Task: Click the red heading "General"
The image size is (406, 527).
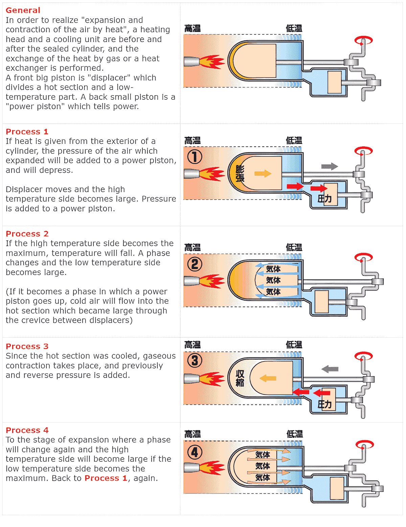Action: [x=23, y=10]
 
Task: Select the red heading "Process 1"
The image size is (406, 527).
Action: [x=27, y=131]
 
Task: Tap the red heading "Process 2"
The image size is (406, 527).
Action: [x=27, y=234]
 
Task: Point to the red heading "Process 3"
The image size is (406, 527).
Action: [x=27, y=346]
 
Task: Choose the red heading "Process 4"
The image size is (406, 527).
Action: [x=27, y=430]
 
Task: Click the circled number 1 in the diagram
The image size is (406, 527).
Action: [x=195, y=157]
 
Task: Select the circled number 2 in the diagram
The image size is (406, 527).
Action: [x=195, y=264]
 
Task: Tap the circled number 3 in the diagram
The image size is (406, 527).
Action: [x=195, y=361]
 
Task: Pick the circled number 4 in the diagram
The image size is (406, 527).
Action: [x=195, y=452]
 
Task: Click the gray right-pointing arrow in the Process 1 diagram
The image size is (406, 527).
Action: [x=330, y=166]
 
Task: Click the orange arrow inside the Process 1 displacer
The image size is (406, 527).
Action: [x=263, y=174]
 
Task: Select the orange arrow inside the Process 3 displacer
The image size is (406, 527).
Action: [x=268, y=378]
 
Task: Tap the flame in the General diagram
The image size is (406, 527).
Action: [x=211, y=62]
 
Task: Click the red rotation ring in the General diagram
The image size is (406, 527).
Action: [x=363, y=41]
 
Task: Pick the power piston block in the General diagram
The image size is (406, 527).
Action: [x=335, y=82]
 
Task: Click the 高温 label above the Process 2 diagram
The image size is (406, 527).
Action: [x=193, y=248]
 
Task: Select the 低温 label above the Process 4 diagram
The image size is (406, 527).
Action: [x=294, y=434]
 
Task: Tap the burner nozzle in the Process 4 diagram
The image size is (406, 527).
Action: [x=191, y=468]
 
